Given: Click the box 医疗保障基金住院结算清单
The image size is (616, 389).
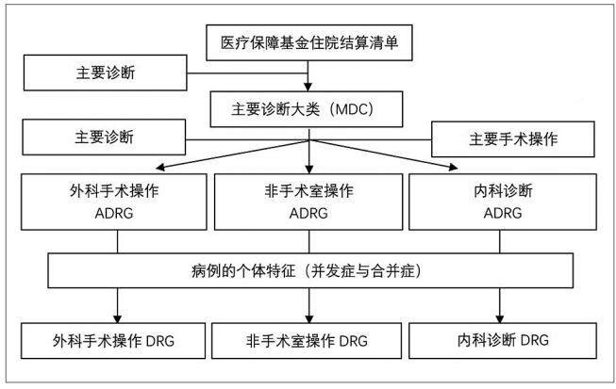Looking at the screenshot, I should [309, 42].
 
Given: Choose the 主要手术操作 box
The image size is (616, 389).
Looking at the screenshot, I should [513, 139].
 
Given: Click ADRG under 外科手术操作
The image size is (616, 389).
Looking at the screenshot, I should [116, 213].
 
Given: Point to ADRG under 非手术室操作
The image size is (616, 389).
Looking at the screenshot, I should [309, 213].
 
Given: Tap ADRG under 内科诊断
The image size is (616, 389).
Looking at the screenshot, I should [503, 213].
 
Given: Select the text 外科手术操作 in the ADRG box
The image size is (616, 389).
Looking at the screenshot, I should [116, 190].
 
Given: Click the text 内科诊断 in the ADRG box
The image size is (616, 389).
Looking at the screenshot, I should [503, 190].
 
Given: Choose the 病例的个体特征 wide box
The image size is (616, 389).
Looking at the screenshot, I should [309, 271].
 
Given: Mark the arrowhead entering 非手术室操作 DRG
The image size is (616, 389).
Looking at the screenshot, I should [310, 317].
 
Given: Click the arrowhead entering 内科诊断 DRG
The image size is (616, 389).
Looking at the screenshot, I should [503, 317].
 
